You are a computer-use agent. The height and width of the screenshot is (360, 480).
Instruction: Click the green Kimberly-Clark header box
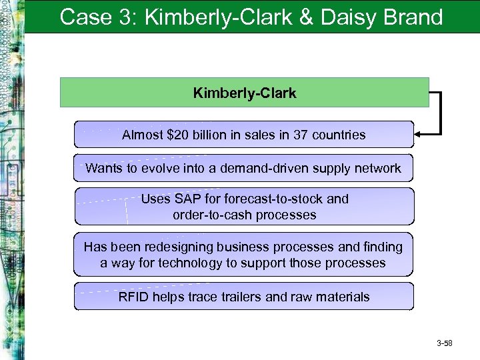(x=244, y=93)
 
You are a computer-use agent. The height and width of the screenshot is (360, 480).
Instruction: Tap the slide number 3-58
(x=444, y=344)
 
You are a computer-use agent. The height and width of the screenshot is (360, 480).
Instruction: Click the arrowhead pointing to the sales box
(x=419, y=135)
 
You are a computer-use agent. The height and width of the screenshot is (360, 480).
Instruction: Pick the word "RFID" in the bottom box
(x=133, y=297)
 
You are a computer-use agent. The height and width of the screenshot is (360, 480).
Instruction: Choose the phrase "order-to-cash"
(x=210, y=215)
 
